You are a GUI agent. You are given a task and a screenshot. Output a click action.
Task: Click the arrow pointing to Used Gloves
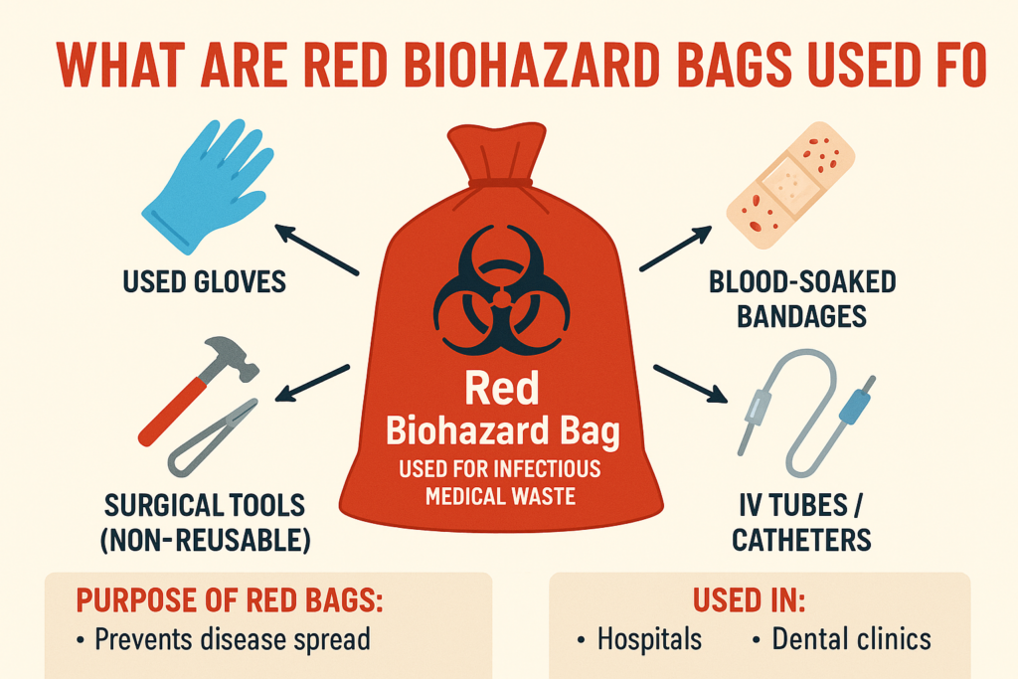[315, 250]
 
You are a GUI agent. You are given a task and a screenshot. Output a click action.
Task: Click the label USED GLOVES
[204, 282]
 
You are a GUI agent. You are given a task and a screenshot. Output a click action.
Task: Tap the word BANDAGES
[802, 316]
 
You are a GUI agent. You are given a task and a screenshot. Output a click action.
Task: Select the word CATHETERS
[802, 541]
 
